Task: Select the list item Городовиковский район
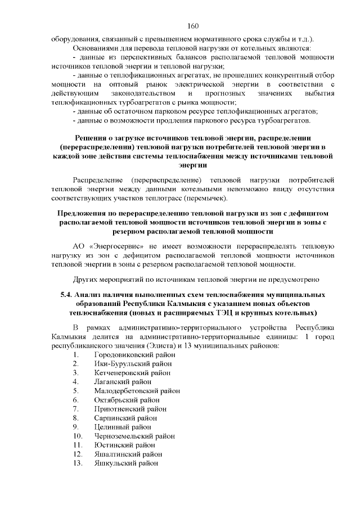[132, 354]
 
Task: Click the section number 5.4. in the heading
[67, 294]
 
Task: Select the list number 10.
[78, 436]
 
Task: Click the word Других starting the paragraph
[85, 279]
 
